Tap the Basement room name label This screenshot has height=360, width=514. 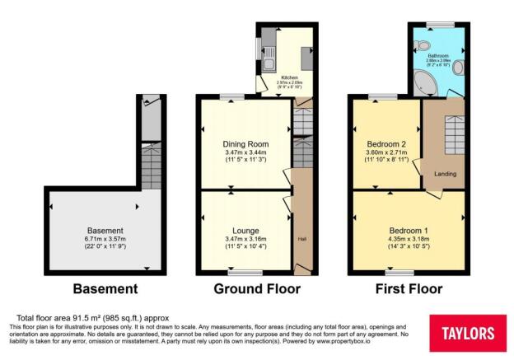coord(105,231)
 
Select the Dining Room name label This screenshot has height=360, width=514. coord(246,144)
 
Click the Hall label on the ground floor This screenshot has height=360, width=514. coord(301,240)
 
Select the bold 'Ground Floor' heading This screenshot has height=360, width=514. coord(257,289)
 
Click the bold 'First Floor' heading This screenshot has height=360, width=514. coord(408,289)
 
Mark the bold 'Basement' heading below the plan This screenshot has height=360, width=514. coord(105,289)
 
